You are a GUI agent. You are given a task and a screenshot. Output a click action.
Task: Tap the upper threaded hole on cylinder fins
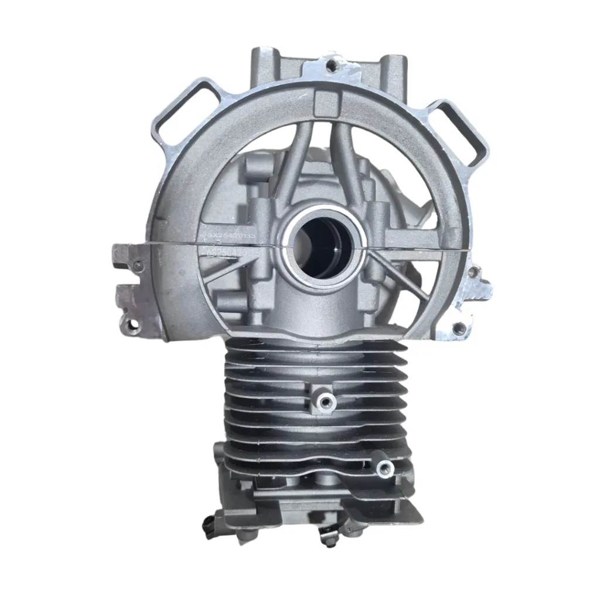[x=323, y=400]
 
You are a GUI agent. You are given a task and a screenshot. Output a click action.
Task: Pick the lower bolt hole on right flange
[x=459, y=329]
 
